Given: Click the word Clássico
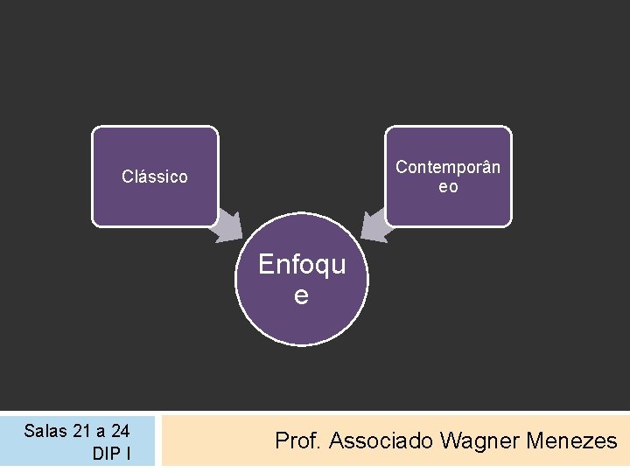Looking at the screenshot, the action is [x=155, y=177].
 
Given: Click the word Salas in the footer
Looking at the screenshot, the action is [x=44, y=430].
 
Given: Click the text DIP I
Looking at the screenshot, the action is [x=111, y=455].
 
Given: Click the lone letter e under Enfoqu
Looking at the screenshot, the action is [x=301, y=296].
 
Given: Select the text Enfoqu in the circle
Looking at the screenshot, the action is [x=302, y=265].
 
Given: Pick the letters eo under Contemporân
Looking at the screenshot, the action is [x=448, y=187].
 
